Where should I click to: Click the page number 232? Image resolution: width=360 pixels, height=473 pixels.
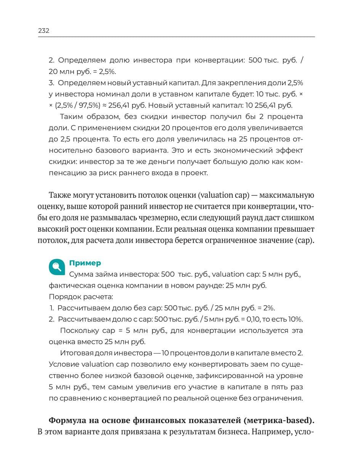pos(44,31)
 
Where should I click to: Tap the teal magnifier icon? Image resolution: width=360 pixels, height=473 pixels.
pos(57,267)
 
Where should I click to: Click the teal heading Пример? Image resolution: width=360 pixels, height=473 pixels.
pos(85,263)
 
